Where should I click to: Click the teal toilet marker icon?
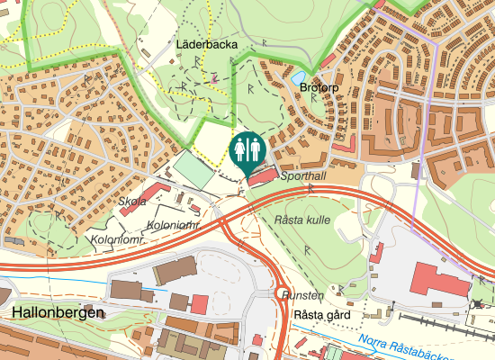tap(247, 148)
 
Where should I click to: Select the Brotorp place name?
tap(320, 88)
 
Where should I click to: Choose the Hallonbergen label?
tap(58, 312)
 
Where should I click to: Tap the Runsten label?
tap(301, 295)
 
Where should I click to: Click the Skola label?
tap(132, 202)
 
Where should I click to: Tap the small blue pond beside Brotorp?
tap(298, 79)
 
